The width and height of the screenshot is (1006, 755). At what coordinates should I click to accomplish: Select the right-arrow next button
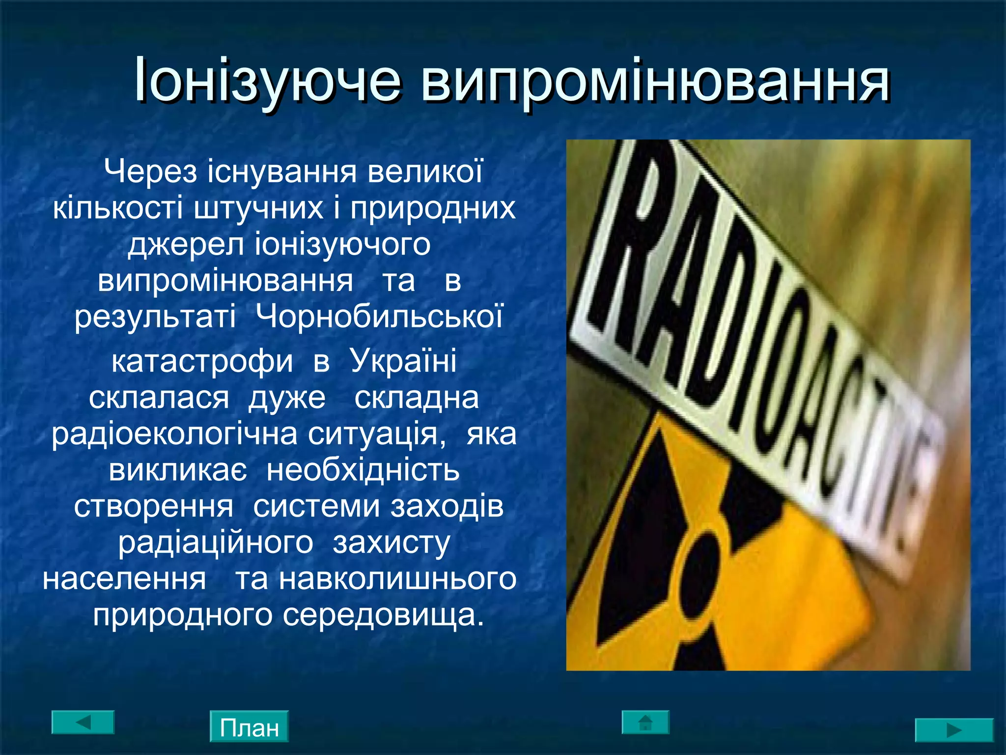954,730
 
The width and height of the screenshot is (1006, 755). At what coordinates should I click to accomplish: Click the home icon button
645,722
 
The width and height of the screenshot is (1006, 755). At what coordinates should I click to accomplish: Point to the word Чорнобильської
380,317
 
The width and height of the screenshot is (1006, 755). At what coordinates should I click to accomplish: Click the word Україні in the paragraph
403,361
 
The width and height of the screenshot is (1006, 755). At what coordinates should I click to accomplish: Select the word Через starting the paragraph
150,172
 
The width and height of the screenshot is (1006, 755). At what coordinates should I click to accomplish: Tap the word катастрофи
202,361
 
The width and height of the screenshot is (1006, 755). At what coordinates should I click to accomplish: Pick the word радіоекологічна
174,434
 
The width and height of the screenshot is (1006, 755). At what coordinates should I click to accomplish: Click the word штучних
258,207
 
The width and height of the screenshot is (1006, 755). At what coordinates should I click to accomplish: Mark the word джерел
186,244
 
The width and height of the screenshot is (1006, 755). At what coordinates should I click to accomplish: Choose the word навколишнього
398,579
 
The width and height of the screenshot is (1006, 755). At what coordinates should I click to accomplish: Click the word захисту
391,543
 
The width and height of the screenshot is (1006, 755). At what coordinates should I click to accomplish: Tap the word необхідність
363,470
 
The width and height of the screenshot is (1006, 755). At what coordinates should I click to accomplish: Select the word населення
124,579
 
